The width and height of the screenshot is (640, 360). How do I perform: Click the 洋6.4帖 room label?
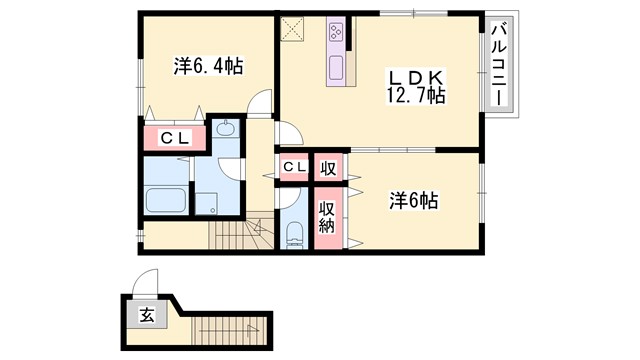pyautogui.click(x=208, y=67)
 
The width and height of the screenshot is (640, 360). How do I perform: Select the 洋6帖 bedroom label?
pyautogui.click(x=413, y=200)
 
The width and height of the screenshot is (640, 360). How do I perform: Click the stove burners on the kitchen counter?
pyautogui.click(x=334, y=35)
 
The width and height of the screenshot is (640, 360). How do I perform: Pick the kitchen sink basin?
pyautogui.click(x=335, y=68)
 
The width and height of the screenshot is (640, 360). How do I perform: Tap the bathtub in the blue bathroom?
pyautogui.click(x=167, y=198)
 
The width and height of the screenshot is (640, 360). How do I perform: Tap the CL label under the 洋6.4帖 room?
pyautogui.click(x=176, y=138)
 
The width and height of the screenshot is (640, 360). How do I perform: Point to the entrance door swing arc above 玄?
pyautogui.click(x=145, y=284)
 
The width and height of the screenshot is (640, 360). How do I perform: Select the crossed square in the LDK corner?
pyautogui.click(x=294, y=28)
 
